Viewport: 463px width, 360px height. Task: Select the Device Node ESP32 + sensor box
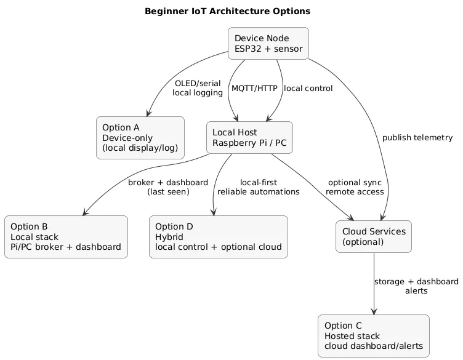click(x=268, y=44)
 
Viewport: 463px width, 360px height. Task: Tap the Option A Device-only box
click(x=140, y=138)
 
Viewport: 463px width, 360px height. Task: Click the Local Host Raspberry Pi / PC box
click(x=249, y=138)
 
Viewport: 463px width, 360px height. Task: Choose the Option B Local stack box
click(x=66, y=237)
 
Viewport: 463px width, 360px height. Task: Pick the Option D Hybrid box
click(x=218, y=237)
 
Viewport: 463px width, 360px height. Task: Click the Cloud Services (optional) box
click(x=374, y=237)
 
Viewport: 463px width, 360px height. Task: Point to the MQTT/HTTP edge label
click(x=254, y=89)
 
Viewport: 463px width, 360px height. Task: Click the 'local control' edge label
click(x=308, y=89)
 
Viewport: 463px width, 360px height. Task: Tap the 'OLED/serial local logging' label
click(x=198, y=88)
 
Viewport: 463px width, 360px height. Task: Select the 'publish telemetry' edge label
click(x=417, y=137)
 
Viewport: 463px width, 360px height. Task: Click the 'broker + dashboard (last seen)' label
click(x=168, y=187)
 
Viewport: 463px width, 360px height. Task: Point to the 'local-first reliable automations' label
click(x=259, y=187)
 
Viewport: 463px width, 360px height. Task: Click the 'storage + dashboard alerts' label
click(x=416, y=286)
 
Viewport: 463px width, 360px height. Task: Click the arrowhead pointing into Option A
click(x=147, y=113)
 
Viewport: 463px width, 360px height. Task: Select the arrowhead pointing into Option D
click(x=214, y=212)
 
